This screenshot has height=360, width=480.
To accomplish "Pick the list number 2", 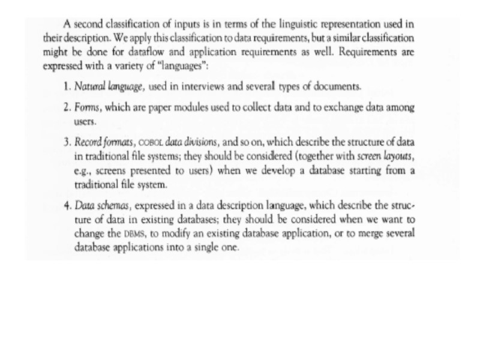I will click(x=67, y=107).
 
